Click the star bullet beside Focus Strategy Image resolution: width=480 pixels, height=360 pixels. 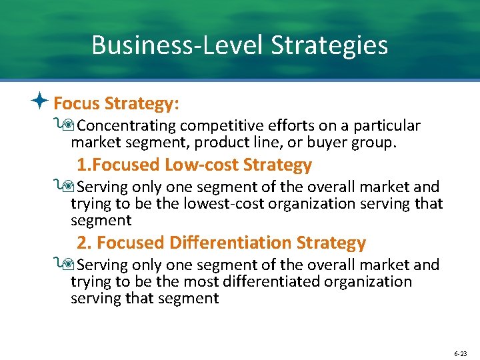pyautogui.click(x=41, y=102)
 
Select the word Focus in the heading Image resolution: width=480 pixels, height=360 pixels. pyautogui.click(x=76, y=103)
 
